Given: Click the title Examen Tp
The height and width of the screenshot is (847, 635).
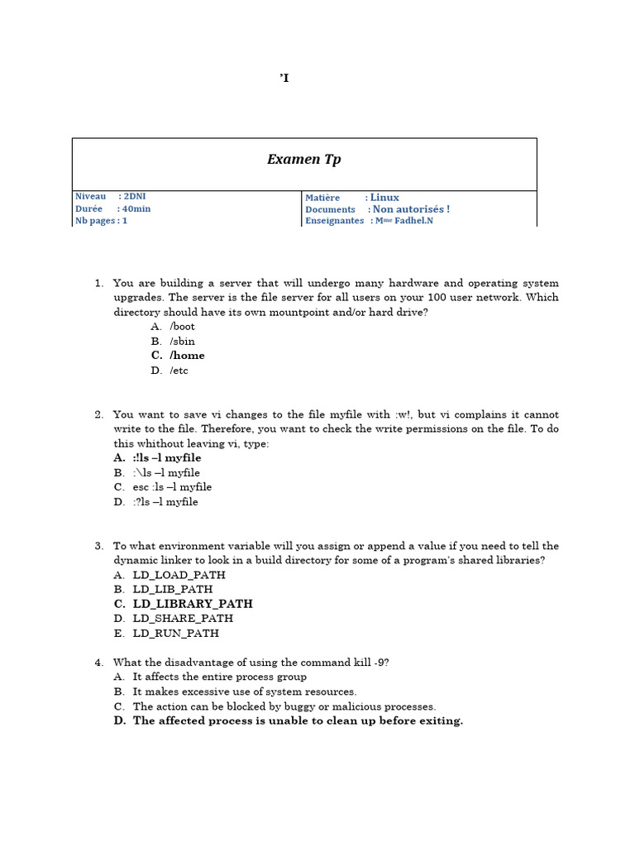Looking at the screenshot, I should click(303, 160).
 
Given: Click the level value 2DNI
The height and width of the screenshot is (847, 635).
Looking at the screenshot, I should click(135, 197).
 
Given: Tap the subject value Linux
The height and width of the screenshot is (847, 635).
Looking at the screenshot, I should click(384, 198).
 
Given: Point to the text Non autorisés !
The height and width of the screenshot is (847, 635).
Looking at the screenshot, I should click(411, 209).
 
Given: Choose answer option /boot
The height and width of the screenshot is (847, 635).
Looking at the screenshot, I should click(183, 327).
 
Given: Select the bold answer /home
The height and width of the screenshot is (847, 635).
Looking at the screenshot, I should click(187, 356).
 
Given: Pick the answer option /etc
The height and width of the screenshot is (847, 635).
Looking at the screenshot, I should click(179, 371).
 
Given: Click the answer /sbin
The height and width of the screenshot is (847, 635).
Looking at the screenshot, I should click(183, 342).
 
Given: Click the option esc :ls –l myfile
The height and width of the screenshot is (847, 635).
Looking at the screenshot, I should click(172, 487).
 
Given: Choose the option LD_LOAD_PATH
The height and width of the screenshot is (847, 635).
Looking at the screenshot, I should click(179, 575).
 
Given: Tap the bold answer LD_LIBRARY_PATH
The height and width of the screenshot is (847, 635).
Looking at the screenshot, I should click(193, 604).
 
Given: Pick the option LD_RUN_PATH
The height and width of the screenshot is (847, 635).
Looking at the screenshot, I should click(176, 634).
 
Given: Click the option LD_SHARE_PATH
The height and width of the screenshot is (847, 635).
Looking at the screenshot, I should click(183, 619).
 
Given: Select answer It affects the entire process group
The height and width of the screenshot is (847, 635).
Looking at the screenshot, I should click(220, 677).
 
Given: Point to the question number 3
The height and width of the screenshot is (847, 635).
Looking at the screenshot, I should click(98, 546).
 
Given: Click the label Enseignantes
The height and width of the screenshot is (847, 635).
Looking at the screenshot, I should click(334, 222).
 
